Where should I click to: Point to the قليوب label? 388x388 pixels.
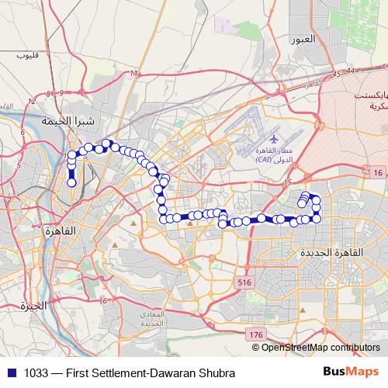26,56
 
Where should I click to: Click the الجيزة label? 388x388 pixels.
35,305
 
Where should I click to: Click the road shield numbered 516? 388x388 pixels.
246,281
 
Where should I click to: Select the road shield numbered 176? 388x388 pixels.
256,334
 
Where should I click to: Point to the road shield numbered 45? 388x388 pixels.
334,74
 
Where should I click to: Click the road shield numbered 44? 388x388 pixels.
352,71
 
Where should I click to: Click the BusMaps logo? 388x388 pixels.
351,371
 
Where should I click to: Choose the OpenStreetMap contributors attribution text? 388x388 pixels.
321,347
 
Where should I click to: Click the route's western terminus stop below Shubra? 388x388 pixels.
72,184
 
